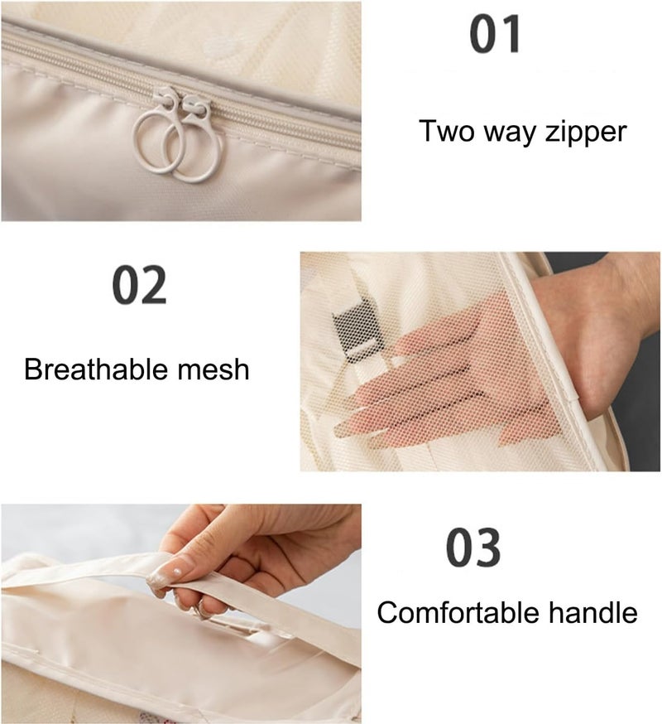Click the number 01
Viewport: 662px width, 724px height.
coord(495,34)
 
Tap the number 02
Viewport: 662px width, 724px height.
coord(139,285)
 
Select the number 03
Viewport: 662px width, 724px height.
coord(473,548)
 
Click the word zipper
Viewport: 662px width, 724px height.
coord(586,133)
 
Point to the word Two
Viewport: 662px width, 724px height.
coord(447,131)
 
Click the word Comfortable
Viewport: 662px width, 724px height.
coord(458,613)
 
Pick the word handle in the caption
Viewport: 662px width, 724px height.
coord(593,613)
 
